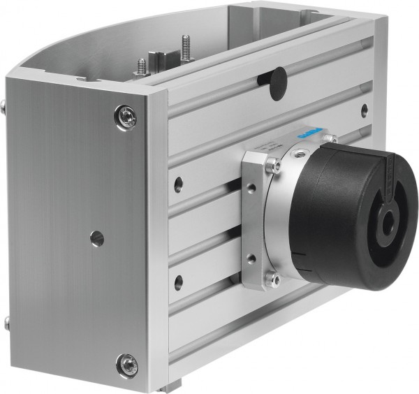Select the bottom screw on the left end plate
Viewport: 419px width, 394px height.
coord(128,364)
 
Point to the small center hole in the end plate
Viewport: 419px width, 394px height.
coord(97,238)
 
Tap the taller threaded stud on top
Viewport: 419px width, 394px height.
coord(185,49)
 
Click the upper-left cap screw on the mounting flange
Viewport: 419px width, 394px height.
coord(274,166)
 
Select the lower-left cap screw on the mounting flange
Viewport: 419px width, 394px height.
coord(272,279)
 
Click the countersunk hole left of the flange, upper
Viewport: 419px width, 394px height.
coord(178,184)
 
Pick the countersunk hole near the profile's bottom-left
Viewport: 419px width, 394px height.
coord(178,282)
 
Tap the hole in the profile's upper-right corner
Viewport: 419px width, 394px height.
coord(364,109)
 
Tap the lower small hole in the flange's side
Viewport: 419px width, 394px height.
coord(251,259)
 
